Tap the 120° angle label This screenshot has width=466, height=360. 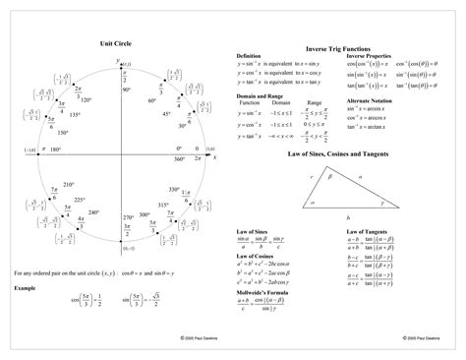point(87,99)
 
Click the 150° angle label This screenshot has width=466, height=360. point(62,132)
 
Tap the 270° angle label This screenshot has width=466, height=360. point(128,215)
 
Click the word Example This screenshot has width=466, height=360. point(25,287)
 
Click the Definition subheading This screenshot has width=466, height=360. point(249,56)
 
